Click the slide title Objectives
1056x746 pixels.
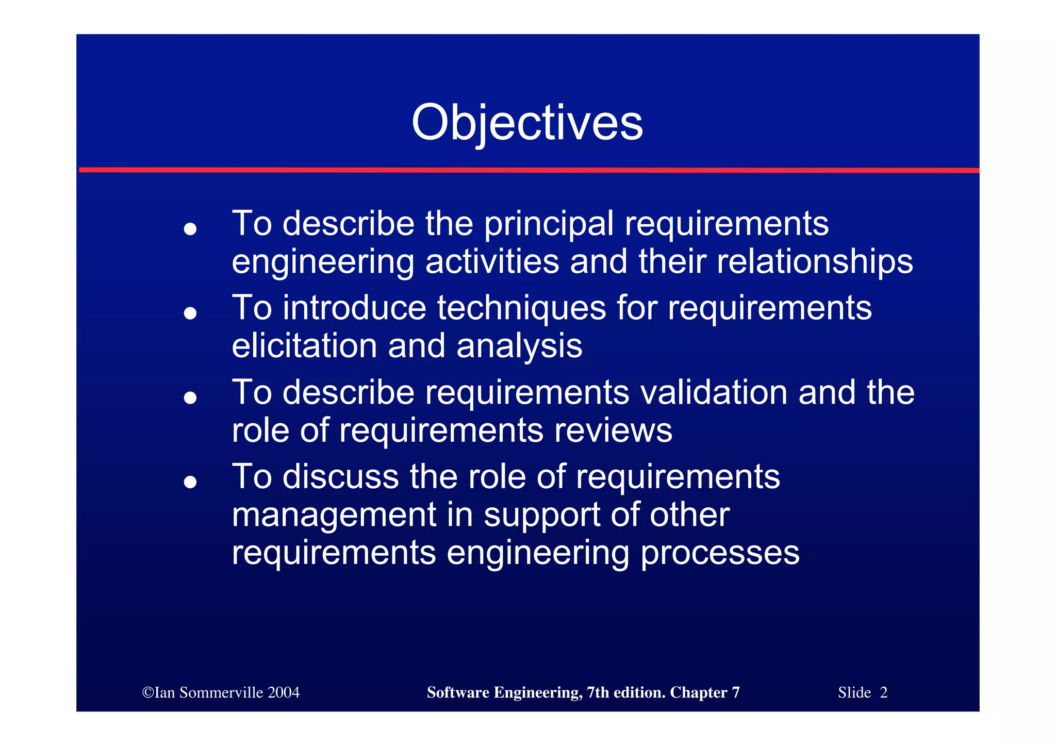527,123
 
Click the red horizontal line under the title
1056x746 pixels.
528,170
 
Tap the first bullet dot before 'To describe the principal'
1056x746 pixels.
190,229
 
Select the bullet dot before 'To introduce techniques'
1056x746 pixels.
190,313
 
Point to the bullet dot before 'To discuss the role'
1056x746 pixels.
190,482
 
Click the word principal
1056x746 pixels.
549,224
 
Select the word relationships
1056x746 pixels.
815,262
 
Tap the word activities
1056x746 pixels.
492,262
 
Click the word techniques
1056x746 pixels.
521,308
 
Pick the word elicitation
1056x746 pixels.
304,346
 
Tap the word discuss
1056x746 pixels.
340,477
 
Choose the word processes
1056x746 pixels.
720,553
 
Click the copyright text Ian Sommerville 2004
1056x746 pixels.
221,692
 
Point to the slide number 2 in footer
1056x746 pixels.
883,692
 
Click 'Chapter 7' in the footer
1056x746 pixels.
704,692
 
